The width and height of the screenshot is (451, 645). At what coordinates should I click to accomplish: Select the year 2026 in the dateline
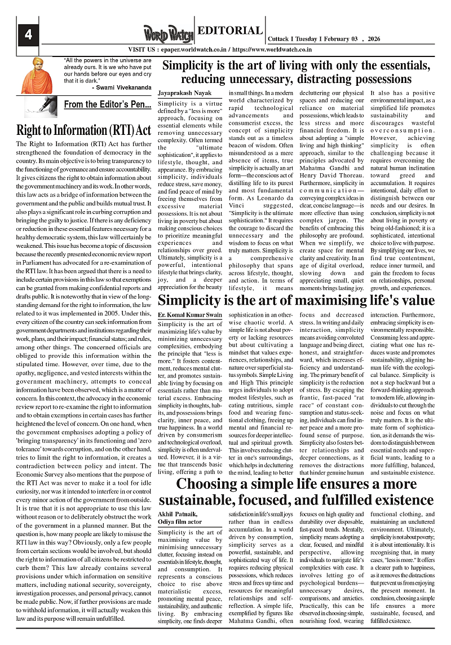373,40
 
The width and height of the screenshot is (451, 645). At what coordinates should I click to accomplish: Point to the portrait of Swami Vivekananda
37,76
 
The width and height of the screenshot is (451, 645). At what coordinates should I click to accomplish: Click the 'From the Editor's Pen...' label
108,104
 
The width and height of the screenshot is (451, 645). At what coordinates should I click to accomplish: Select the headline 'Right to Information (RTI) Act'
84,130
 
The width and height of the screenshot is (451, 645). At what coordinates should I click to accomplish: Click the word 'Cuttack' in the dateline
281,40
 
